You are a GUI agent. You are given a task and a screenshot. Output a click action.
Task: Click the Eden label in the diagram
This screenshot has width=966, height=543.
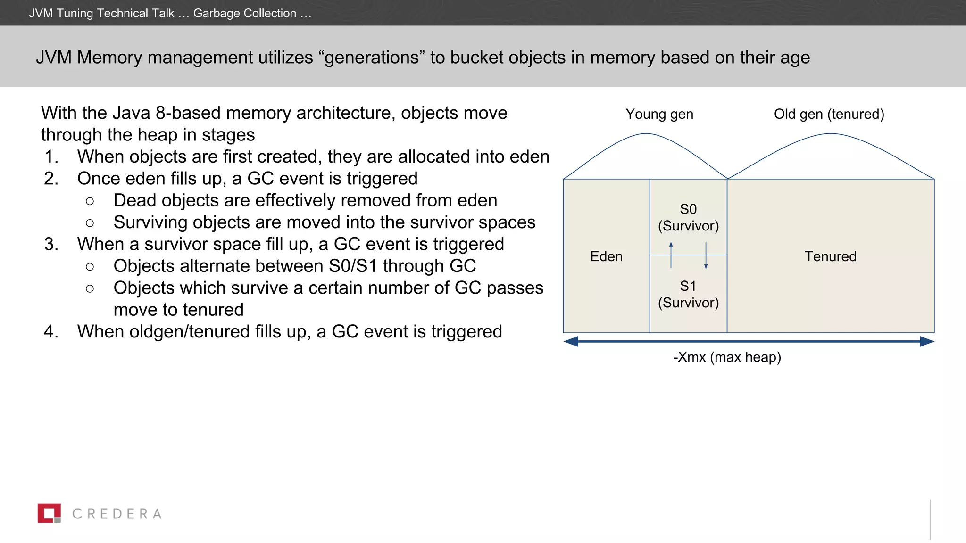click(x=606, y=256)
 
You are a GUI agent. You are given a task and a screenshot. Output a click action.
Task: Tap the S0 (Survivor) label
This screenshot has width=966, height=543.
click(x=688, y=217)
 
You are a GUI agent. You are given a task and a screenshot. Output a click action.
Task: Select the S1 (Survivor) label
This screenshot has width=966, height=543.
click(x=688, y=294)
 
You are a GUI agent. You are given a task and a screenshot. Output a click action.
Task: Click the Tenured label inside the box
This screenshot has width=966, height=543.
click(x=830, y=256)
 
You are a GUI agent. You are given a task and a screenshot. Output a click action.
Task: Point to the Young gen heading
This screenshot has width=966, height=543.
click(x=659, y=114)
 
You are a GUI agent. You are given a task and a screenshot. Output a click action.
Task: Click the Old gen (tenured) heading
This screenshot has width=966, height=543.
click(x=829, y=114)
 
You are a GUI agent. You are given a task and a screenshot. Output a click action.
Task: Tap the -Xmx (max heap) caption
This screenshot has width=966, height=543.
click(x=727, y=357)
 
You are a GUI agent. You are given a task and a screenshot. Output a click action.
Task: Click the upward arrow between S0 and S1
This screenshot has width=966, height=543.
click(x=671, y=255)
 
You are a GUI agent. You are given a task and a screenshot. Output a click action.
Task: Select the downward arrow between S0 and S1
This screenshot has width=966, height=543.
click(x=706, y=256)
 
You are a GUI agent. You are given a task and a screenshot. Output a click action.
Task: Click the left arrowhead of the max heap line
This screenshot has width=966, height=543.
click(x=571, y=341)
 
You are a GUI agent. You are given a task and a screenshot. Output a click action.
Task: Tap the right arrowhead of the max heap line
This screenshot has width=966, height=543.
click(x=927, y=341)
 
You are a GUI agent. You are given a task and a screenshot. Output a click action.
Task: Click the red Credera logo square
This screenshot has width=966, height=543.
click(x=49, y=513)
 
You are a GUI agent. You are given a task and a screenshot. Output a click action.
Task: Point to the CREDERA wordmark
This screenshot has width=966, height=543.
click(x=117, y=514)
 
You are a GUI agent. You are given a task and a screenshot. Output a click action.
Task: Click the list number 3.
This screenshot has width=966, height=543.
click(x=51, y=244)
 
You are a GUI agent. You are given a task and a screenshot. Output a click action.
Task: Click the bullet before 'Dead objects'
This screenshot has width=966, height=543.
click(x=90, y=201)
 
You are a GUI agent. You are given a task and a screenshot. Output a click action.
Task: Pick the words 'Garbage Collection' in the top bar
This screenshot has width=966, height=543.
click(x=245, y=13)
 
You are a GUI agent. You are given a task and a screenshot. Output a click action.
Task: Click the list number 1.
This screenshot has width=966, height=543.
click(x=51, y=157)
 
